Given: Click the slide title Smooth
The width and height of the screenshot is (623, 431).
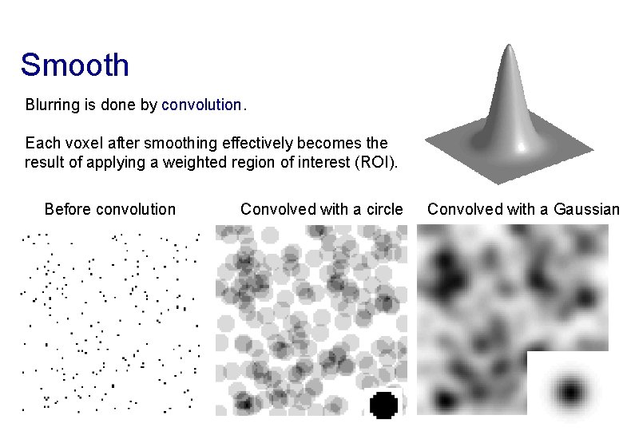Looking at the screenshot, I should [x=74, y=65].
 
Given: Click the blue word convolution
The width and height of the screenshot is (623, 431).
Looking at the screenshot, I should [x=201, y=105].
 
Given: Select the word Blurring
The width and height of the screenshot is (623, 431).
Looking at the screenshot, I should [x=51, y=105].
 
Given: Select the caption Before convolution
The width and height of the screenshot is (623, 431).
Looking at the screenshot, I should [x=110, y=210].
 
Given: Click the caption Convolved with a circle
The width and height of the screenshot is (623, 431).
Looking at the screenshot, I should [x=322, y=210].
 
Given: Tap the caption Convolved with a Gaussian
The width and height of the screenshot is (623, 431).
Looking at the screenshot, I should [x=523, y=210].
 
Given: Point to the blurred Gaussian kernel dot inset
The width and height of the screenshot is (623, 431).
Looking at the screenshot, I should [x=570, y=392].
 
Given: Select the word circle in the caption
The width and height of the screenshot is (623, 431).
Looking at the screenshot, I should [x=384, y=210].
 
